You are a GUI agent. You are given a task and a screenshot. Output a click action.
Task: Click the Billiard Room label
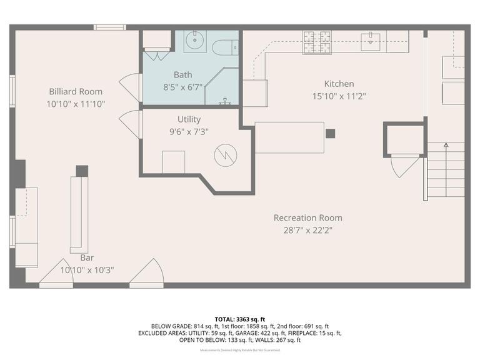point(76,92)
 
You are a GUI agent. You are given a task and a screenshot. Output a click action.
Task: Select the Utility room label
point(189,119)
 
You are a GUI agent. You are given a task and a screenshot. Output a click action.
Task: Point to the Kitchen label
point(339,84)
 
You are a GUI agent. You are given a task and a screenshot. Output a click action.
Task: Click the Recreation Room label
point(308,217)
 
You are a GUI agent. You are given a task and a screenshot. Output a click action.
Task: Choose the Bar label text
point(87,257)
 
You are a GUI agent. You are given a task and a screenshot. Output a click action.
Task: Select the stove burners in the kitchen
point(317,42)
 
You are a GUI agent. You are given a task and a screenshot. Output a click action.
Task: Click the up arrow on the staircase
point(446,146)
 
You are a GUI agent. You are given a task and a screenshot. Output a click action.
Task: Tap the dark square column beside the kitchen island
point(330,133)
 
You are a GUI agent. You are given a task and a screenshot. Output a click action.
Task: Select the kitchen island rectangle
point(289,137)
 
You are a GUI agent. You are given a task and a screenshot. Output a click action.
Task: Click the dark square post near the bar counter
point(82,171)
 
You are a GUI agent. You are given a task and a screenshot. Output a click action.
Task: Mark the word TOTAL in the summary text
point(226,318)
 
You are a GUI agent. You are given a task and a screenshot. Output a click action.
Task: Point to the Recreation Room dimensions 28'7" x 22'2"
point(308,230)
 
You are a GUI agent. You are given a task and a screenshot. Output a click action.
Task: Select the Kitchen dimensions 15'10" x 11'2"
point(339,96)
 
